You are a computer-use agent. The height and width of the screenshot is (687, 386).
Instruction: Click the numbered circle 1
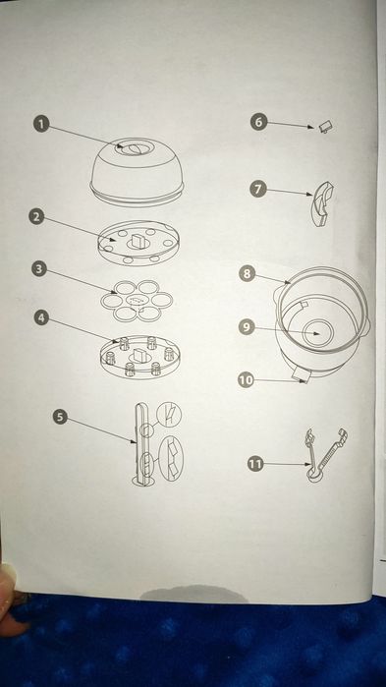tap(41, 124)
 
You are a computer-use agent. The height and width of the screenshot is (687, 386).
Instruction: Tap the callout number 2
tap(37, 217)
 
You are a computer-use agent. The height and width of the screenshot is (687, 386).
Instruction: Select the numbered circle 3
tap(39, 268)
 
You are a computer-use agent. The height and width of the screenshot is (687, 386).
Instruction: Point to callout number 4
tap(42, 317)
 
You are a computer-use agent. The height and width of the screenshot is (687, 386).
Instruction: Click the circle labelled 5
tap(61, 417)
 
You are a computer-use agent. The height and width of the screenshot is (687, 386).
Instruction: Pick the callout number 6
tap(258, 122)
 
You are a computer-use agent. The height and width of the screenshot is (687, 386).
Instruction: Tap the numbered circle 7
tap(258, 190)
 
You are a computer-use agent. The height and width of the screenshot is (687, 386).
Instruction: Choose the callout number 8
tap(248, 274)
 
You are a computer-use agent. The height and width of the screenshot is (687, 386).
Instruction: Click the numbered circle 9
tap(247, 327)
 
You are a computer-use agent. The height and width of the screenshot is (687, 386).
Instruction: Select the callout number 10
tap(246, 380)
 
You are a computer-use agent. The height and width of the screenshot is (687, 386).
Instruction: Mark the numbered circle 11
tap(255, 464)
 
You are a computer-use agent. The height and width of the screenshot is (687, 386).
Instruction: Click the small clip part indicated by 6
tap(326, 127)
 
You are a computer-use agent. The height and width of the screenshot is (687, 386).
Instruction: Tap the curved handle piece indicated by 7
tap(322, 205)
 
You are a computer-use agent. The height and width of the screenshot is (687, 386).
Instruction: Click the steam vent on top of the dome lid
tap(129, 148)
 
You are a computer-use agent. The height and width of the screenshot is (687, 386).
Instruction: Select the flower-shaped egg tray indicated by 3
tap(137, 300)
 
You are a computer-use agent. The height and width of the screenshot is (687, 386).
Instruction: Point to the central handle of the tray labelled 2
tap(137, 240)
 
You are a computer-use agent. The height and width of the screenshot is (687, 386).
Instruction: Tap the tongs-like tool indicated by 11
tap(325, 456)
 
